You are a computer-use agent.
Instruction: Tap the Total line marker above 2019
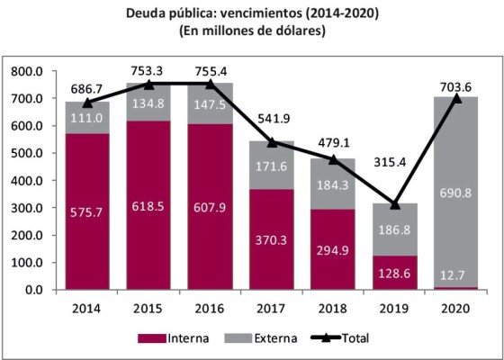(x=394, y=203)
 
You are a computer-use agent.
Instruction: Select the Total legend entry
(x=343, y=338)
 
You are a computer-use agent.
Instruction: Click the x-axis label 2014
(x=87, y=307)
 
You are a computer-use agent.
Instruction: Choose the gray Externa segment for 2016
(x=211, y=103)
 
